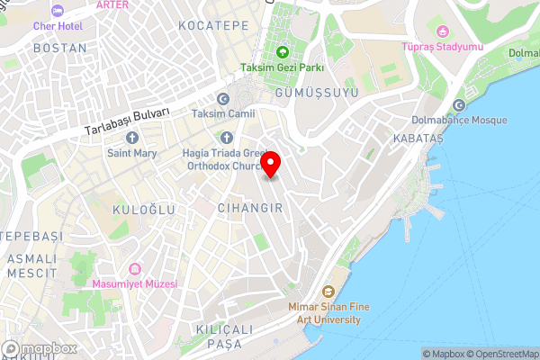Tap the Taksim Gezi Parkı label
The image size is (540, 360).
[x=282, y=67]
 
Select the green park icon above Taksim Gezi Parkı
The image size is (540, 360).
[x=283, y=52]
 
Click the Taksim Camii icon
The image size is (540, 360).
[x=223, y=99]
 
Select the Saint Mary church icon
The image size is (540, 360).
[x=132, y=138]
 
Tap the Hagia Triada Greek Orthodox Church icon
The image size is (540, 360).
[x=226, y=138]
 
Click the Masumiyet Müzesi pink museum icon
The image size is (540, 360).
[x=135, y=269]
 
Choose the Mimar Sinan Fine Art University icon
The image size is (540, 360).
[x=328, y=292]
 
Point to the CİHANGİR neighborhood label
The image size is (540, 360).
[x=250, y=208]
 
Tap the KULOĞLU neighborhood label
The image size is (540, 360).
[x=143, y=210]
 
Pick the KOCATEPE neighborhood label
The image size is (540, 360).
[x=213, y=26]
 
